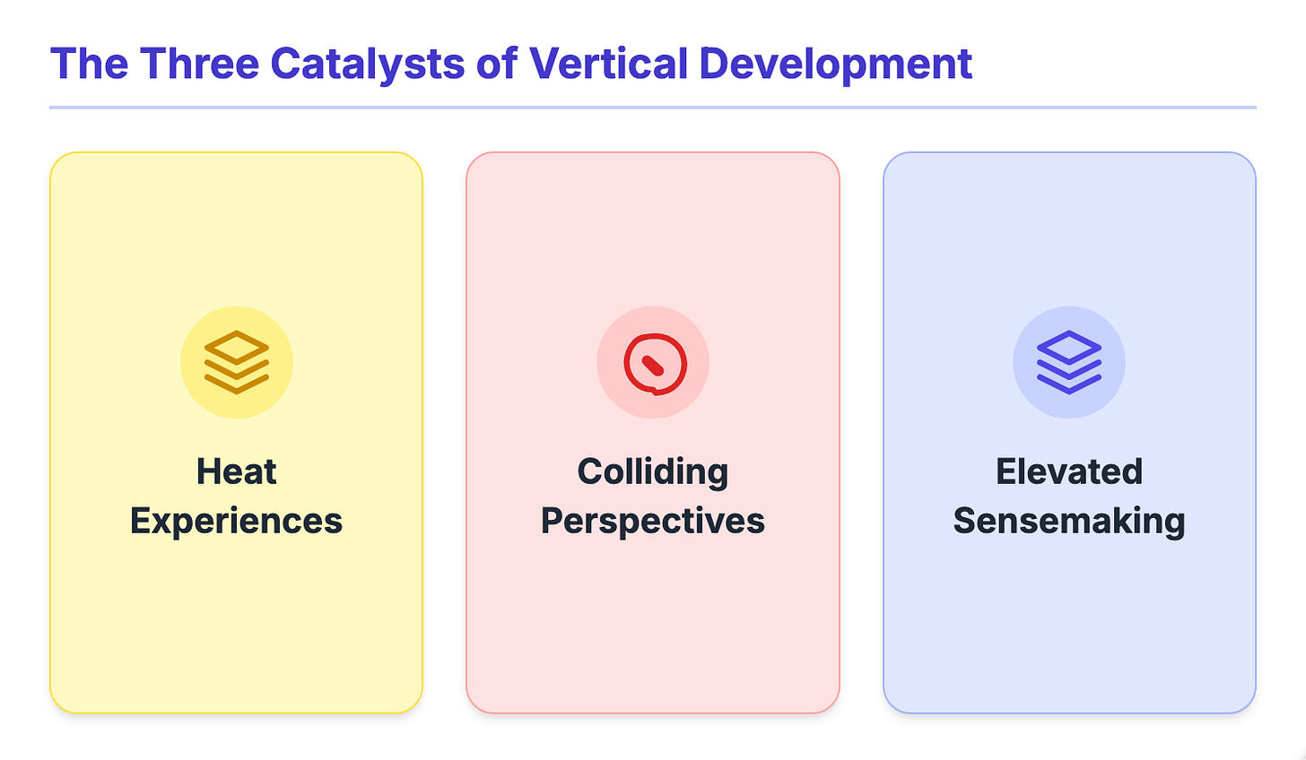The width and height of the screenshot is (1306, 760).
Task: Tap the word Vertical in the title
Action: [607, 64]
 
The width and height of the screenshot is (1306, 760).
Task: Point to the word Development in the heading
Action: [835, 64]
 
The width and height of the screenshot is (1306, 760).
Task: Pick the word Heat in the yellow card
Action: [237, 471]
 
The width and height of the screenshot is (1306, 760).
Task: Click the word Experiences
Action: [237, 521]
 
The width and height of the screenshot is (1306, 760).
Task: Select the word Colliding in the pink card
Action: [653, 471]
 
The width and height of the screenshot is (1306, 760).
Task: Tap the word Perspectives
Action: [653, 521]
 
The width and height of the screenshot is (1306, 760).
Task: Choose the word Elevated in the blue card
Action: [1069, 471]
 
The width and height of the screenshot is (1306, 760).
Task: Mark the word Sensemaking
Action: [1069, 521]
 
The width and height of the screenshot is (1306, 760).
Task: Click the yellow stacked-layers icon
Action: [237, 362]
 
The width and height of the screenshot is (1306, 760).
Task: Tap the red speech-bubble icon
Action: [654, 363]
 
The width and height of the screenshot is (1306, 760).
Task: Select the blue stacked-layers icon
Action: [1069, 362]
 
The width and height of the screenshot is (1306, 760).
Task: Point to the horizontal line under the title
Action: [653, 108]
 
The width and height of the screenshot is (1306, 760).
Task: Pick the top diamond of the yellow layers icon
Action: [237, 347]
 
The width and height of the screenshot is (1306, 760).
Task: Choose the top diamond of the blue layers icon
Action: [1069, 347]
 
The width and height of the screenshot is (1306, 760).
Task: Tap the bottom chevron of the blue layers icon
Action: [1069, 385]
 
